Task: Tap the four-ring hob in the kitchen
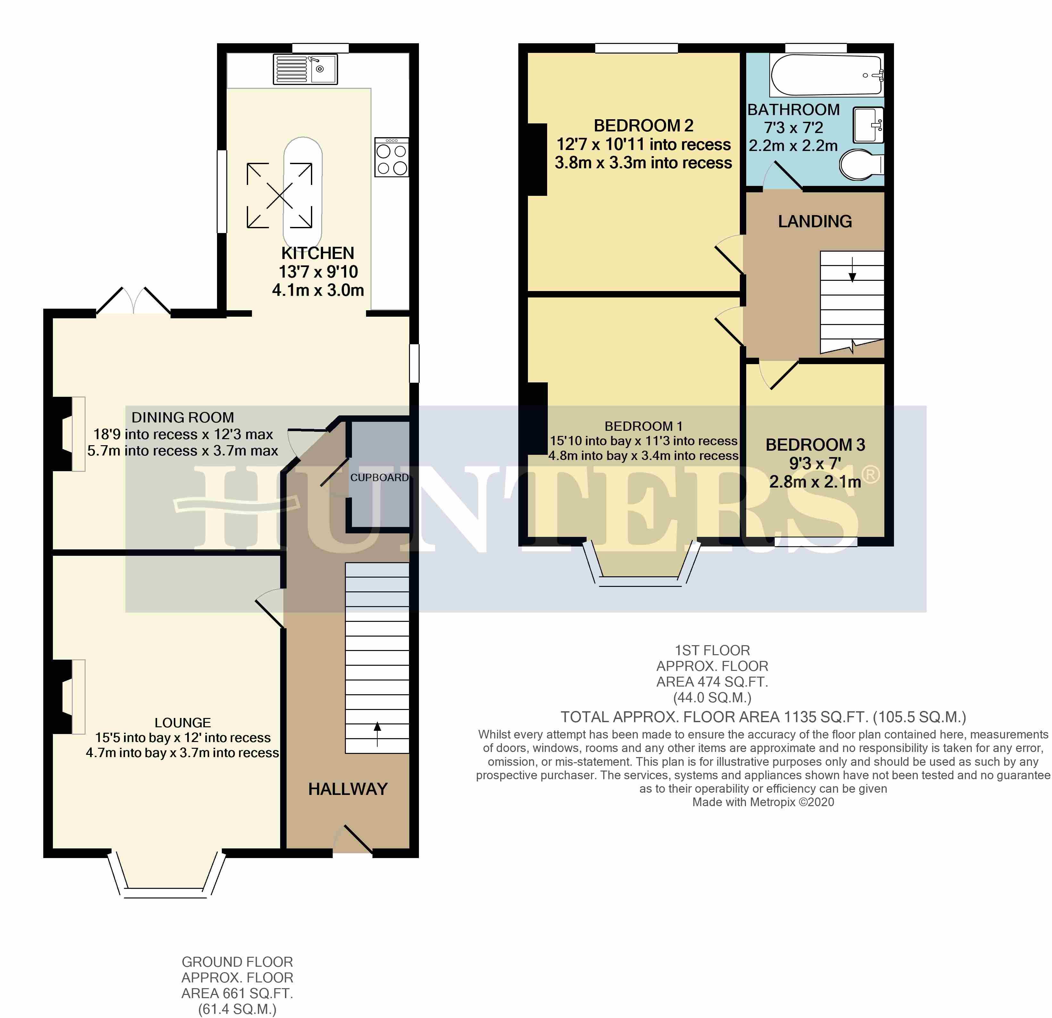[392, 157]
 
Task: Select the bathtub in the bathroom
[827, 75]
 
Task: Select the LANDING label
[815, 221]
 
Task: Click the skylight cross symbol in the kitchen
[279, 195]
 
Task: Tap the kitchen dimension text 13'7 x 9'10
[318, 271]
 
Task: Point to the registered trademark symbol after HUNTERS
[871, 475]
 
